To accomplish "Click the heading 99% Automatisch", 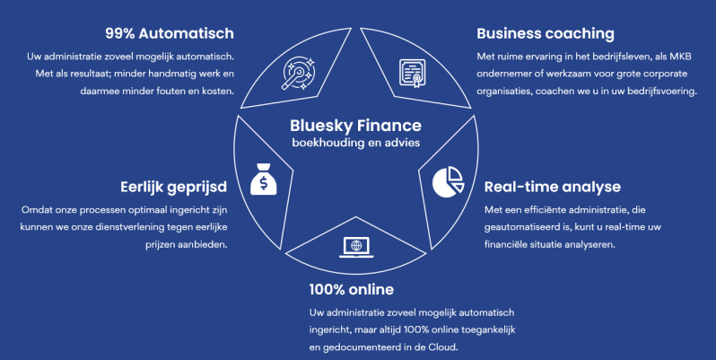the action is (x=170, y=34).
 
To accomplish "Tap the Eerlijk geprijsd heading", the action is (x=174, y=188).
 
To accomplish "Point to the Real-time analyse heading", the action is (x=552, y=187).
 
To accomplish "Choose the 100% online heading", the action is (x=351, y=289).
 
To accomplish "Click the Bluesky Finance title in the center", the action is (x=356, y=127).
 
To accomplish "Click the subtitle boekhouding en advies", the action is (x=356, y=144).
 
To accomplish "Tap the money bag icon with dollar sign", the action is (x=265, y=180).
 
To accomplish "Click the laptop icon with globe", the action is (x=355, y=246).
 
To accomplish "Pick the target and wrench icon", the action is (x=298, y=71).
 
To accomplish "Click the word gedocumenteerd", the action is (x=360, y=346).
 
